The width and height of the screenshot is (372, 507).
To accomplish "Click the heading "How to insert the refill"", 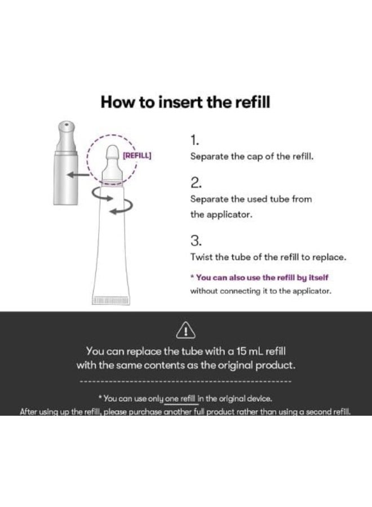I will point(185,102).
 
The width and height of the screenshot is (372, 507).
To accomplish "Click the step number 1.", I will point(194,140).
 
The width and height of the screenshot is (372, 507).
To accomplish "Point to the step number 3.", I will point(196,241).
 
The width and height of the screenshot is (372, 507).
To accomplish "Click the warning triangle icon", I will point(185,330).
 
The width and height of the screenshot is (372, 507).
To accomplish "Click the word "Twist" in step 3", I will point(201,257).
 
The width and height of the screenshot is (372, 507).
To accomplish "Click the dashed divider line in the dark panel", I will point(185,381).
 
